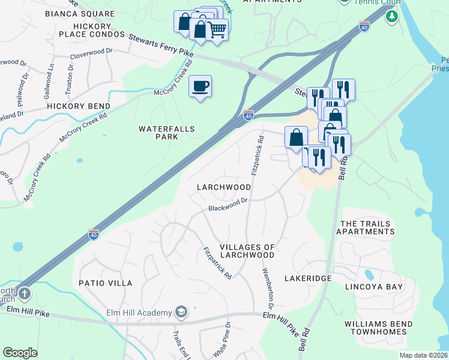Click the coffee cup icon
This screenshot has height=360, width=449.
[x=200, y=86]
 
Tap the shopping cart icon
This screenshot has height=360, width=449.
[x=217, y=29]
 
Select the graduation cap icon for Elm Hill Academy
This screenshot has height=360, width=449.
[x=181, y=311]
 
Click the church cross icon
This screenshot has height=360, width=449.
[x=23, y=294]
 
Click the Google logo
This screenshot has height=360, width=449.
[x=20, y=353]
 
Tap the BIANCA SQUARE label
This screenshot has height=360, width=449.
[x=88, y=13]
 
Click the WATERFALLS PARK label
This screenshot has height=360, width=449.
[x=158, y=133]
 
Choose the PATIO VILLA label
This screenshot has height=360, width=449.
[x=106, y=283]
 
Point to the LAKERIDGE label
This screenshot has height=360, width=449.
[x=309, y=279]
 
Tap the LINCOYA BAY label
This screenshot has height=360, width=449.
[x=373, y=287]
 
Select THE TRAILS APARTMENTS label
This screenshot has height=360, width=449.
[x=367, y=227]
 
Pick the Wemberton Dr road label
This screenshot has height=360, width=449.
[x=267, y=289]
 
